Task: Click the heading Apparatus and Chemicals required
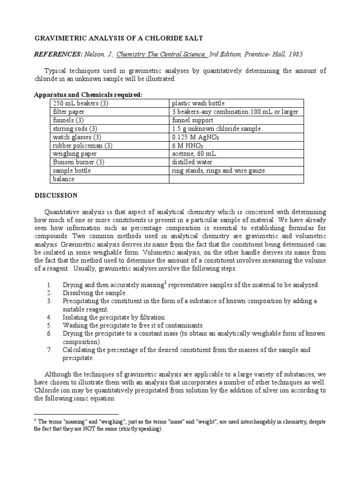pyautogui.click(x=88, y=95)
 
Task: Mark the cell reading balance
pyautogui.click(x=64, y=179)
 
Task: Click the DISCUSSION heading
pyautogui.click(x=56, y=195)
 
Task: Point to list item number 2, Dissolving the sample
pyautogui.click(x=95, y=292)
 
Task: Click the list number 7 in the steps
pyautogui.click(x=49, y=350)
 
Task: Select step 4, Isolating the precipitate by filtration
pyautogui.click(x=114, y=317)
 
